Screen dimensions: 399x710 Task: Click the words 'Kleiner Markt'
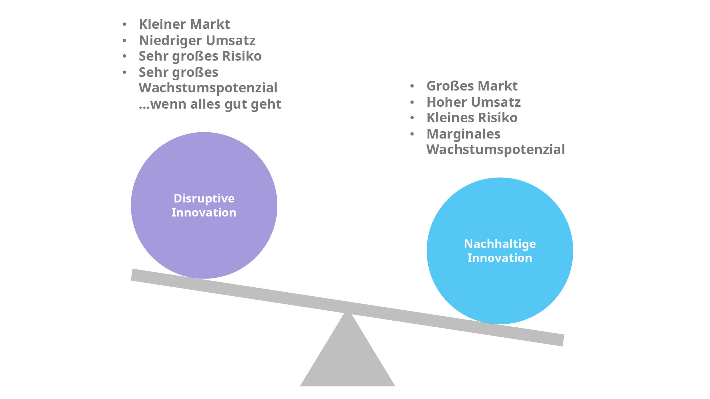pyautogui.click(x=184, y=24)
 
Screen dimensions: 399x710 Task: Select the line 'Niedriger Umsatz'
pyautogui.click(x=197, y=40)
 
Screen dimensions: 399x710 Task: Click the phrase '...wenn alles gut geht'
pyautogui.click(x=210, y=104)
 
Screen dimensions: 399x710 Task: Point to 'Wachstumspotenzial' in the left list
pyautogui.click(x=208, y=88)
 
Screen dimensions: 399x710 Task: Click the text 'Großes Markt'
pyautogui.click(x=472, y=86)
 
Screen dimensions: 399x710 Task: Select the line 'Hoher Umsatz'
pyautogui.click(x=473, y=102)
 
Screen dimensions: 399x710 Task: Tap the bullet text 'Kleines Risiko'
pyautogui.click(x=472, y=118)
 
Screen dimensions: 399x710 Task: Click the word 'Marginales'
pyautogui.click(x=463, y=134)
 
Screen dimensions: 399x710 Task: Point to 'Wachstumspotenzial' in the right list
pyautogui.click(x=496, y=150)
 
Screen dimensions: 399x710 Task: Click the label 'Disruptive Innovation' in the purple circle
pyautogui.click(x=204, y=205)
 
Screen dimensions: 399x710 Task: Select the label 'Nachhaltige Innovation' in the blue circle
pyautogui.click(x=500, y=251)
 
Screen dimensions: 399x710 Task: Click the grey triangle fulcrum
pyautogui.click(x=347, y=358)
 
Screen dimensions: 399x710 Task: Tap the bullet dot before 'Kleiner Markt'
pyautogui.click(x=125, y=25)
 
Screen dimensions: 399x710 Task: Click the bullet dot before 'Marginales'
pyautogui.click(x=412, y=134)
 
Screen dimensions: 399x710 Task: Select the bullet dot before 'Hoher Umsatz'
pyautogui.click(x=412, y=102)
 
